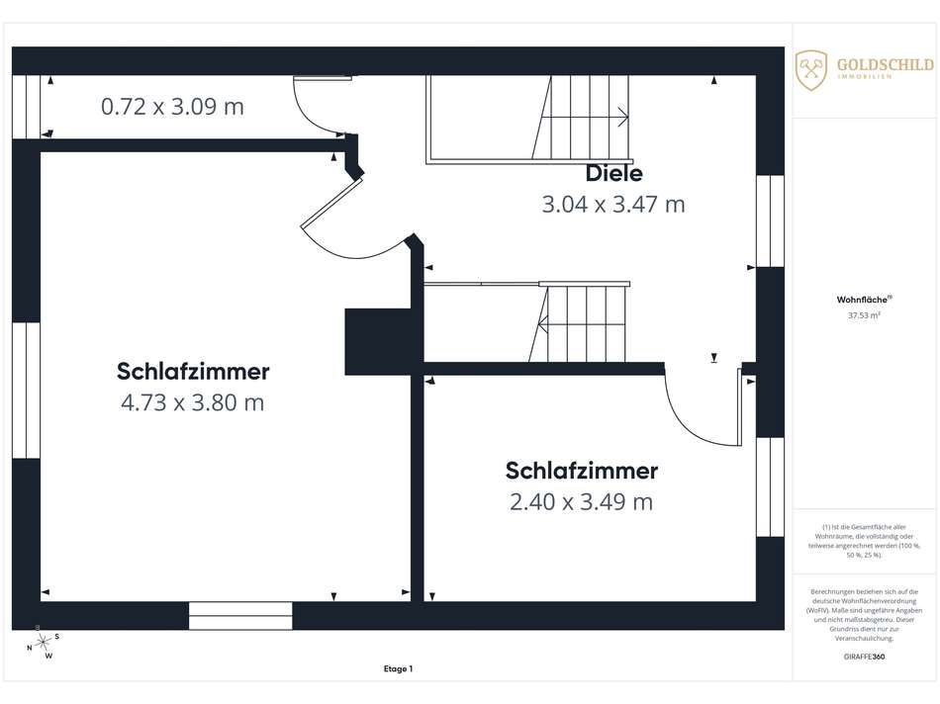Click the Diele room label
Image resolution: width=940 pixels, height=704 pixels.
coord(613,173)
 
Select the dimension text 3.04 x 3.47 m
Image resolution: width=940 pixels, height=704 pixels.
coord(613,205)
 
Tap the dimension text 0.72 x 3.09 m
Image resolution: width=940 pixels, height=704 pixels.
coord(172,107)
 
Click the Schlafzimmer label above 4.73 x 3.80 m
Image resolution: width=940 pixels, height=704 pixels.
coord(193,371)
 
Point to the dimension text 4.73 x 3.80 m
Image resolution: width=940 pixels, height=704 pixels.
coord(192,402)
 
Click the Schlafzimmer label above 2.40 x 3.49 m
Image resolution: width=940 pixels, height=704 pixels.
coord(582,471)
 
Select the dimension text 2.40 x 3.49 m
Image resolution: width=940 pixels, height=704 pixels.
coord(582,502)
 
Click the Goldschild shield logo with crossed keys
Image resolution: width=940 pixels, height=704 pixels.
coord(811,70)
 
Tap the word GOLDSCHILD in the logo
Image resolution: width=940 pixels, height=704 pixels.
coord(886,64)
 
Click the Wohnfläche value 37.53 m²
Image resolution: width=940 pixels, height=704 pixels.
coord(864,315)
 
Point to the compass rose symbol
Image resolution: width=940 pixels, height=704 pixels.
coord(43,643)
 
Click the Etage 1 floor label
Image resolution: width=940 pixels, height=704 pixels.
coord(398,668)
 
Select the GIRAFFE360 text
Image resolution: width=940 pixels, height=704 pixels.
coord(864,657)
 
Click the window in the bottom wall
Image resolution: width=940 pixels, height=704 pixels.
coord(240,616)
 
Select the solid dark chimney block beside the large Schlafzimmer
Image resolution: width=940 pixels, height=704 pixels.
coord(378,341)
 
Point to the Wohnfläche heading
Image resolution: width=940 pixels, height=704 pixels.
coord(864,300)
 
